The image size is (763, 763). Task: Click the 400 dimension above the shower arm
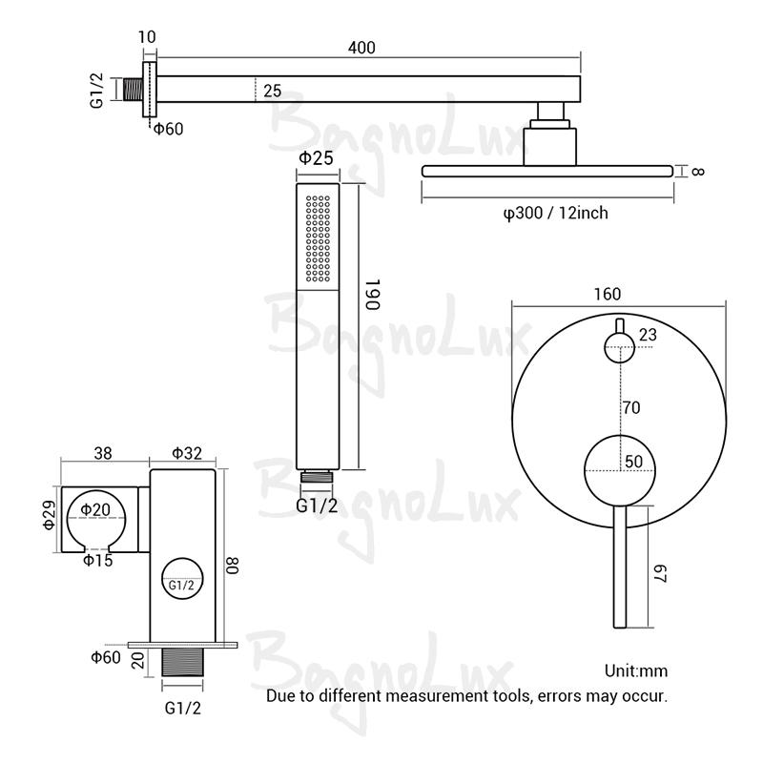pyautogui.click(x=361, y=47)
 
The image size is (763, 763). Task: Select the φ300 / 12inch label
pyautogui.click(x=555, y=213)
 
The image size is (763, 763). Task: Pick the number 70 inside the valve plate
pyautogui.click(x=630, y=407)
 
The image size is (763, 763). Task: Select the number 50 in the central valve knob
pyautogui.click(x=634, y=462)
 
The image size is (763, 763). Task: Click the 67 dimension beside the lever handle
pyautogui.click(x=657, y=575)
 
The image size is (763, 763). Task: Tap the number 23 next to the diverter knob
pyautogui.click(x=648, y=335)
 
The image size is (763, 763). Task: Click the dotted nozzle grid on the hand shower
pyautogui.click(x=318, y=240)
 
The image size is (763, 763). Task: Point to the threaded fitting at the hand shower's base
pyautogui.click(x=317, y=476)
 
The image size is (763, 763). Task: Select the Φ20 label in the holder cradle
pyautogui.click(x=96, y=510)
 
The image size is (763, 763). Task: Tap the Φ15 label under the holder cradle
pyautogui.click(x=97, y=560)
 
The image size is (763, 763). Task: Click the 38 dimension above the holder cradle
pyautogui.click(x=105, y=454)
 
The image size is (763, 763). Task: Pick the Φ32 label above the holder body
pyautogui.click(x=187, y=454)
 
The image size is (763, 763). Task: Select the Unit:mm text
pyautogui.click(x=636, y=670)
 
